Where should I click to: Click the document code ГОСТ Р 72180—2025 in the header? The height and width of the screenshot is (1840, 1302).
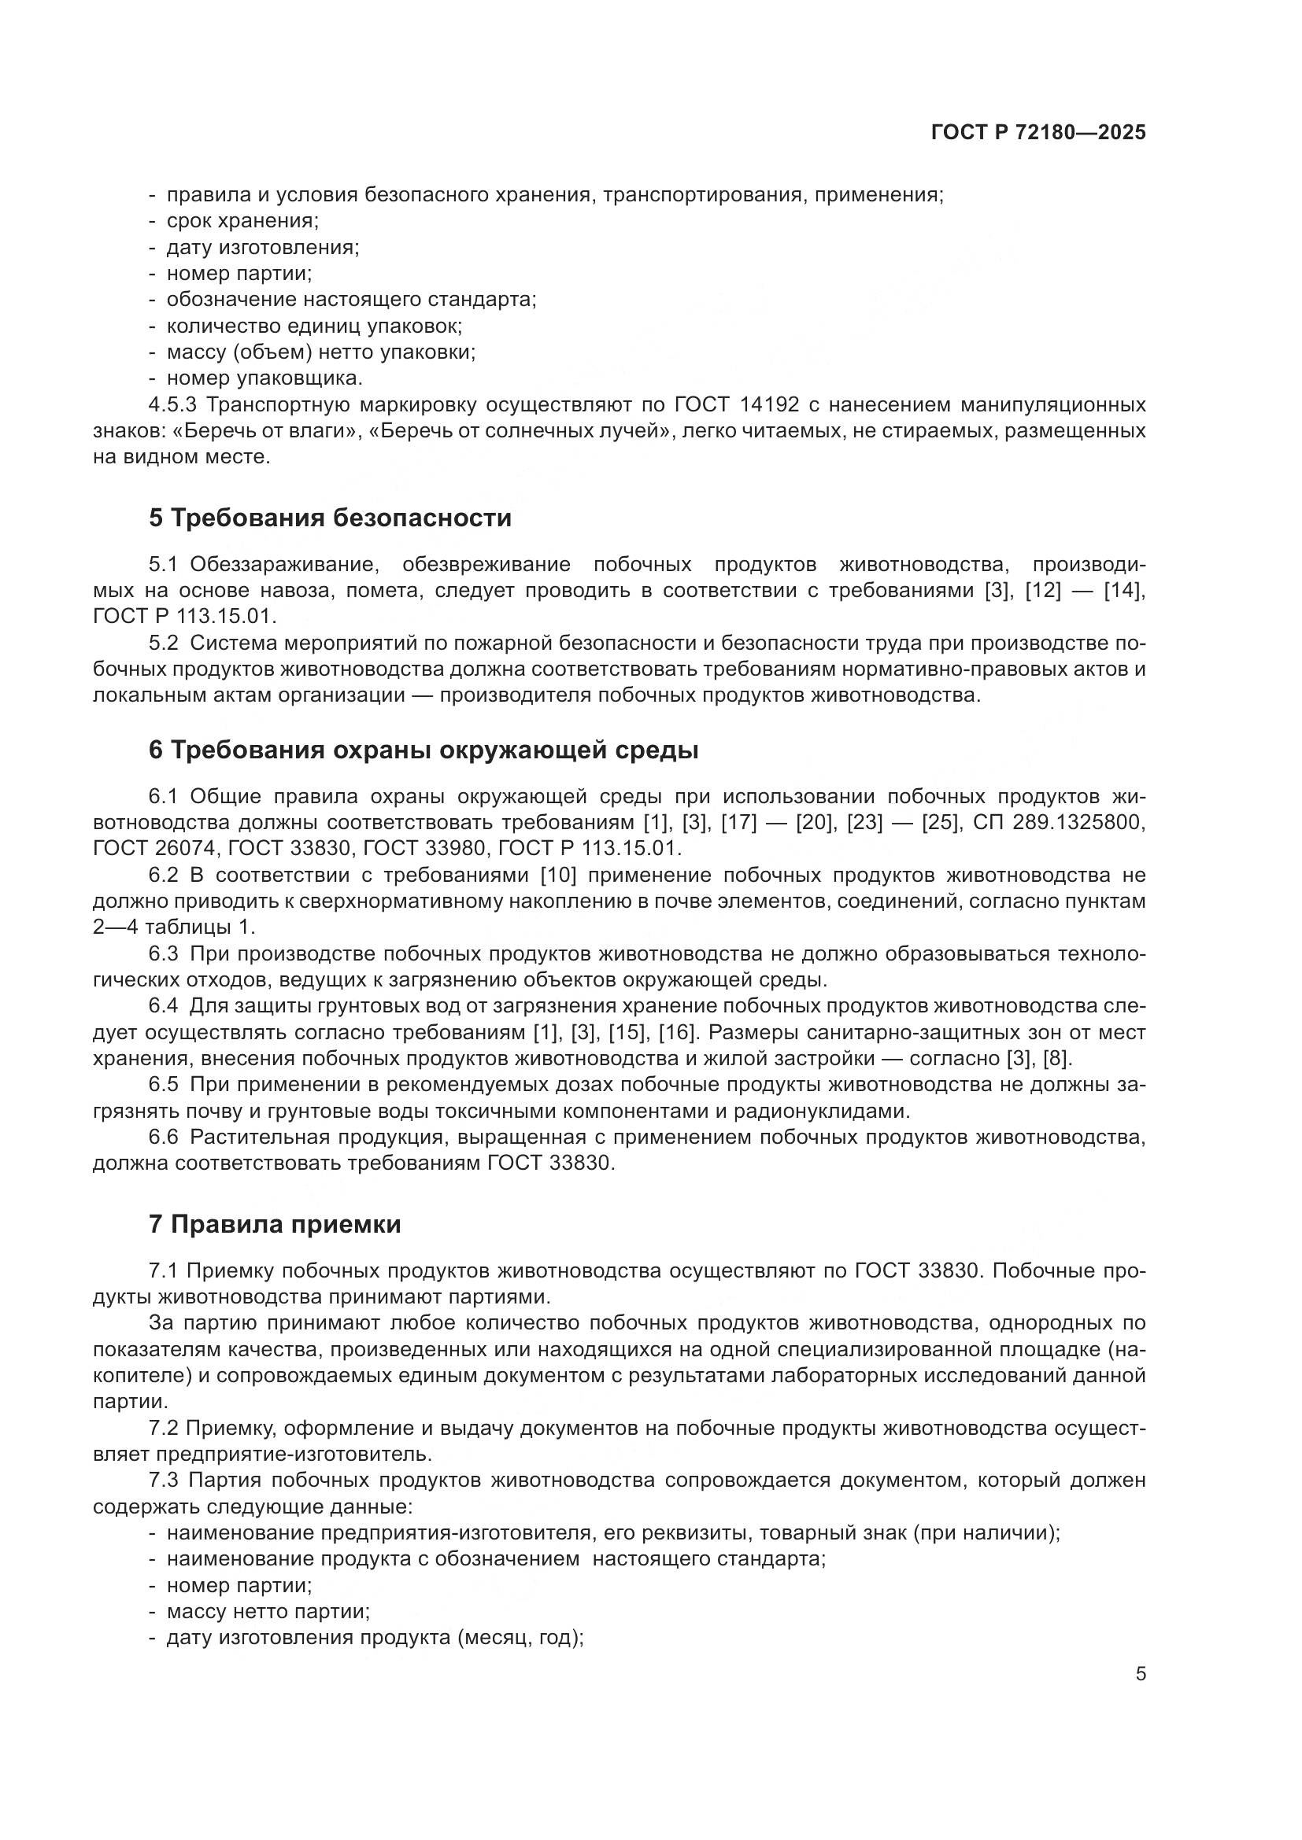coord(1038,133)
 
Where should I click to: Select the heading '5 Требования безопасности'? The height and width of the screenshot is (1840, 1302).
coord(330,518)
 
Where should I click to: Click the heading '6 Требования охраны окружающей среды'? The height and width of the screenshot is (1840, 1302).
coord(424,750)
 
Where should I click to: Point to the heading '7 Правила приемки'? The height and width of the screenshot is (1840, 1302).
coord(274,1225)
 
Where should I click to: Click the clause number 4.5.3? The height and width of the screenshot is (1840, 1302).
coord(172,404)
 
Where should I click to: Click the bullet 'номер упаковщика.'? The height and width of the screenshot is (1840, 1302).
coord(264,378)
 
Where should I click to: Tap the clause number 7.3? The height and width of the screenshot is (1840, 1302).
coord(167,1480)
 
